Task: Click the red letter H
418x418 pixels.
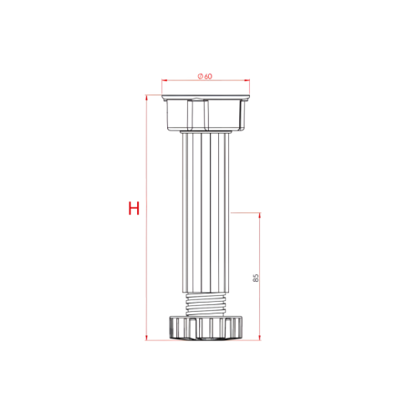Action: pos(133,208)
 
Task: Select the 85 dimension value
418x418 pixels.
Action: pos(254,277)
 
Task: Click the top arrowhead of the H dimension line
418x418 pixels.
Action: pos(147,98)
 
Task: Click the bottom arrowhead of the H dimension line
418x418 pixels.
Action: pos(147,337)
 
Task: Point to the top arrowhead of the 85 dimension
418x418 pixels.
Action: pos(260,216)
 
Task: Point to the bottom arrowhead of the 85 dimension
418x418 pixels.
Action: pos(260,337)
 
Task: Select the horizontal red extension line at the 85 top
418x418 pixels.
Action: pos(247,212)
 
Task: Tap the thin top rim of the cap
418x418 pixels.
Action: pos(205,96)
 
